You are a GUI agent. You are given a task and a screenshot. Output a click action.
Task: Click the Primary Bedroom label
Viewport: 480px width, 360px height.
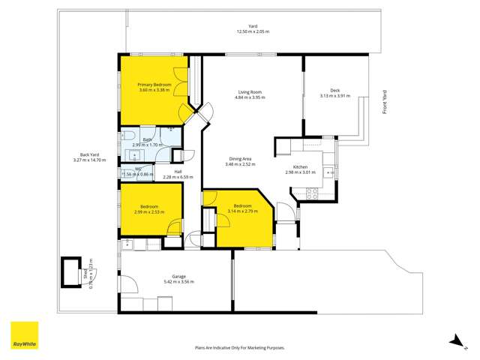click(154, 85)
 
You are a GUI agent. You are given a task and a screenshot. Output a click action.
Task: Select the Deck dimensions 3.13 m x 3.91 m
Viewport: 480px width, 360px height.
click(335, 96)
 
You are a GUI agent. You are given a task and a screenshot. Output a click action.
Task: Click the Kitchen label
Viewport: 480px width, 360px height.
click(300, 166)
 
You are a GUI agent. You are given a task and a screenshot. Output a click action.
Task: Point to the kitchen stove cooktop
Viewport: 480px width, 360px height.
click(312, 192)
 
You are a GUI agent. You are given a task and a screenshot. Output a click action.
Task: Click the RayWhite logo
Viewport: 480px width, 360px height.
click(24, 335)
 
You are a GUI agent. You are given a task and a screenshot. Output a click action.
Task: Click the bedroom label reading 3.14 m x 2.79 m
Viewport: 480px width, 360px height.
click(241, 211)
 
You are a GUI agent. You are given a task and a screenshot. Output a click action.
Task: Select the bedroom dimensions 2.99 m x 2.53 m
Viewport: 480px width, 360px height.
click(150, 211)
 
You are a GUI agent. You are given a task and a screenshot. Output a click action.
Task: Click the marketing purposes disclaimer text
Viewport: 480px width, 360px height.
click(239, 348)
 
